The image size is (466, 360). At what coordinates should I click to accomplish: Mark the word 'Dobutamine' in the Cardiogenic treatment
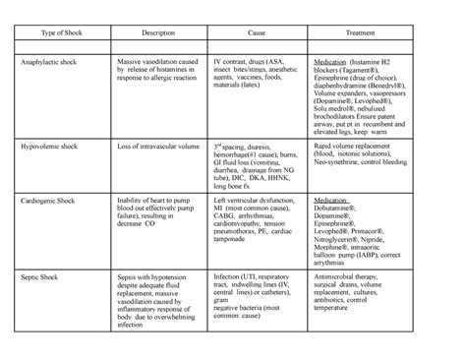338,209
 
